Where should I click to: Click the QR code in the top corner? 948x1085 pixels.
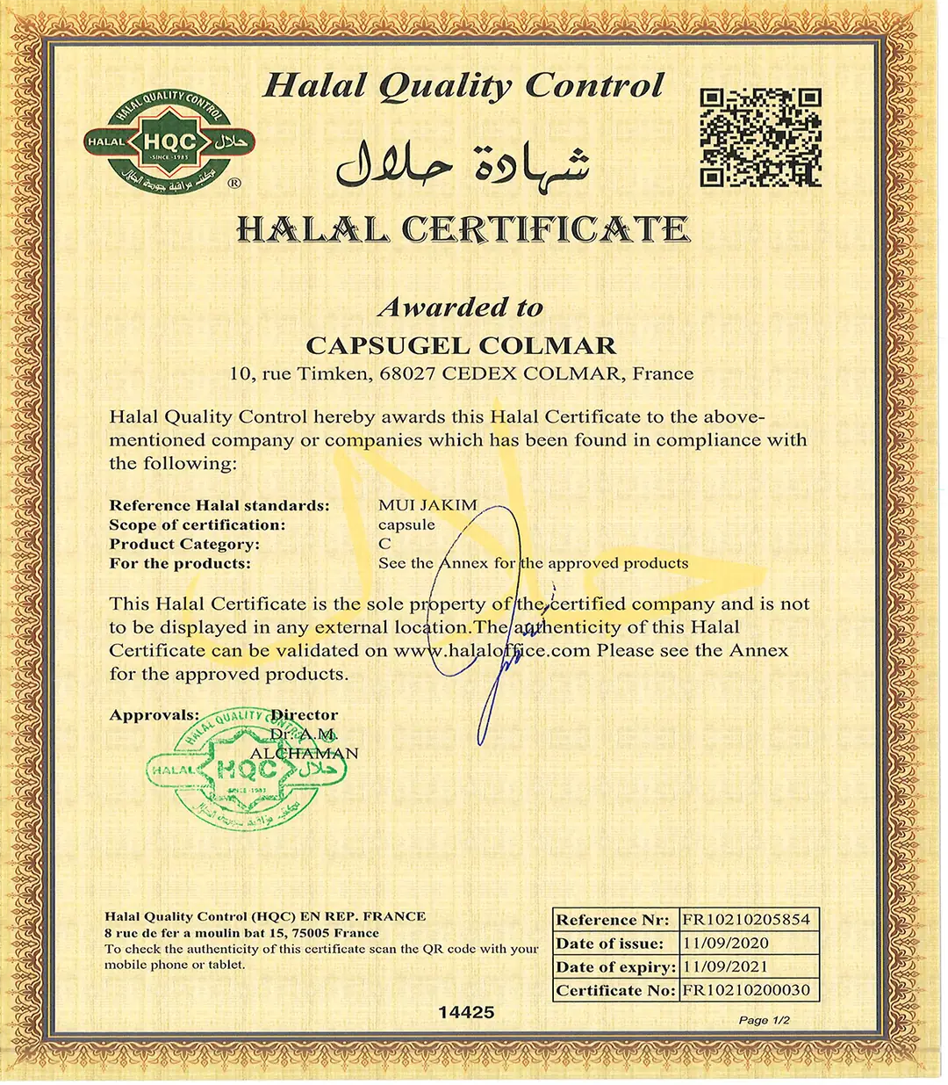pos(760,137)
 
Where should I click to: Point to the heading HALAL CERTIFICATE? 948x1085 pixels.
pos(463,230)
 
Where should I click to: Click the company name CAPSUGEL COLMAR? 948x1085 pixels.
pos(461,345)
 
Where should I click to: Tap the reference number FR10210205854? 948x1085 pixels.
pos(746,920)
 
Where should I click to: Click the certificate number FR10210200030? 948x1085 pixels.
pos(746,990)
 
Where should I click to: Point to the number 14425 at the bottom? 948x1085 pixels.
pos(466,1012)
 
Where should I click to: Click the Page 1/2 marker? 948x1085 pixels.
pos(764,1020)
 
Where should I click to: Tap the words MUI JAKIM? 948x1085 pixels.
pos(427,505)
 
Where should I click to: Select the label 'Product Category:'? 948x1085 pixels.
pos(184,544)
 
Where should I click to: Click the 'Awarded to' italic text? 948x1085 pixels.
pos(460,307)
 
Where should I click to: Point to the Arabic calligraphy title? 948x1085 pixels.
pos(463,163)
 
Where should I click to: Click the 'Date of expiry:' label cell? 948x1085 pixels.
pos(615,966)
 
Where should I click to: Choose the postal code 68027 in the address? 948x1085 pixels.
pos(407,373)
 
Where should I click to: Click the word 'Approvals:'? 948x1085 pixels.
pos(154,715)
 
